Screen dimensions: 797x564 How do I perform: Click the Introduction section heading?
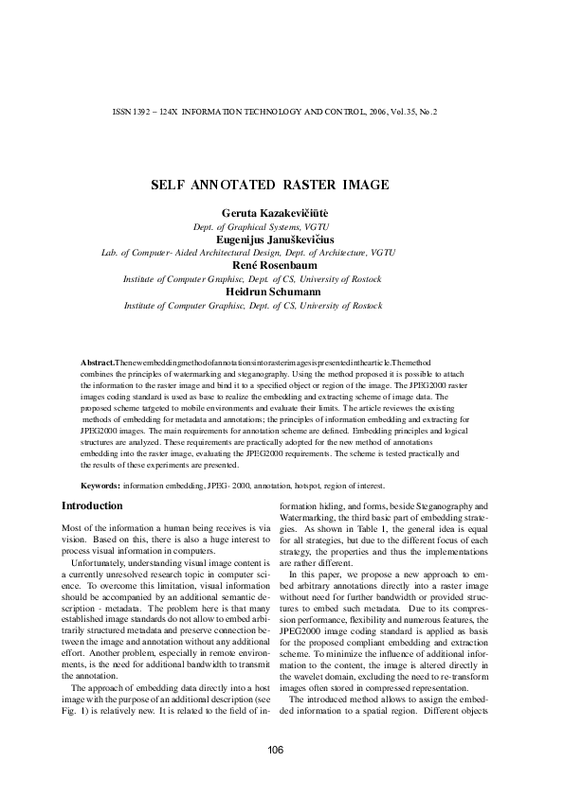point(91,506)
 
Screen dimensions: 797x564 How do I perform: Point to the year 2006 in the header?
point(368,111)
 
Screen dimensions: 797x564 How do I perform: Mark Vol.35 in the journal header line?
point(397,111)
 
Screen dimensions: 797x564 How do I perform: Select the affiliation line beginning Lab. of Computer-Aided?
point(248,254)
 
